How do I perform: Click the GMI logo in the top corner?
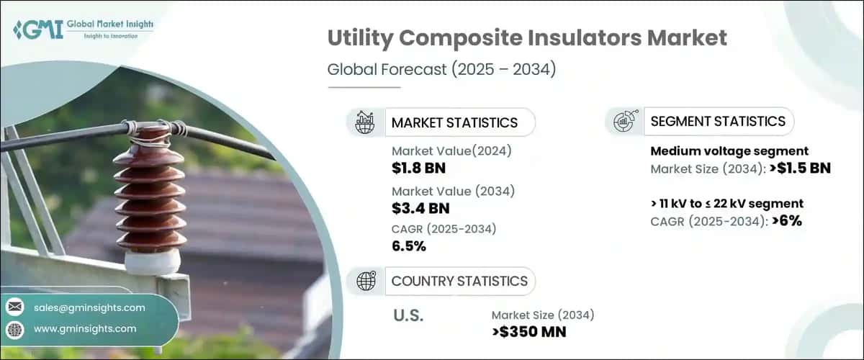[x=84, y=30]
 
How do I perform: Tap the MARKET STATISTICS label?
[x=454, y=122]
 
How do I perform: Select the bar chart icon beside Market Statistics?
[x=365, y=122]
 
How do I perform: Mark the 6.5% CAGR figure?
[x=409, y=246]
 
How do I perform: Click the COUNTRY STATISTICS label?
[x=459, y=281]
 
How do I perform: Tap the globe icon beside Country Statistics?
[x=366, y=281]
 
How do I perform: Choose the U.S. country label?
[x=409, y=315]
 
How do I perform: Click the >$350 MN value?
[x=528, y=331]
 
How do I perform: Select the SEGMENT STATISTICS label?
[x=718, y=121]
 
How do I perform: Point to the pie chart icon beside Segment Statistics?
[x=623, y=121]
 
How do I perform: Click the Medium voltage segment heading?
[x=729, y=151]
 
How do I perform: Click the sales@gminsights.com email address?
[x=89, y=307]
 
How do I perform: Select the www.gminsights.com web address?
[x=85, y=329]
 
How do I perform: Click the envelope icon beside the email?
[x=14, y=307]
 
